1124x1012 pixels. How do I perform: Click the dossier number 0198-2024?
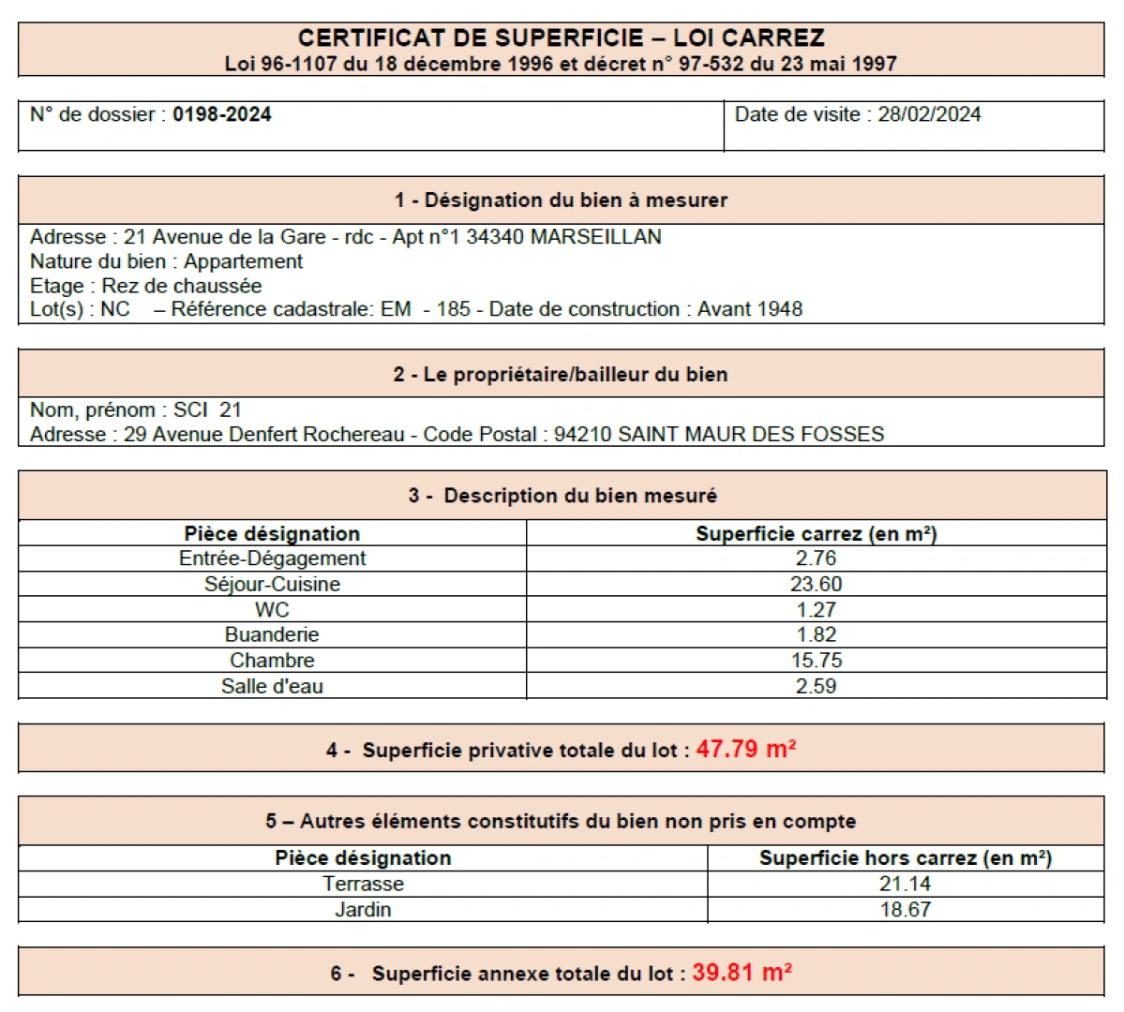coord(222,114)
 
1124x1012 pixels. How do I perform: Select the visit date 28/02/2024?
coord(929,114)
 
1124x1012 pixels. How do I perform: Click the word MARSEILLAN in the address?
coord(596,237)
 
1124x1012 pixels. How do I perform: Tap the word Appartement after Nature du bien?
coord(244,261)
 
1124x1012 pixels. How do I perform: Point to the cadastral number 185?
coord(454,309)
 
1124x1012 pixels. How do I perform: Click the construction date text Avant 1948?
coord(750,309)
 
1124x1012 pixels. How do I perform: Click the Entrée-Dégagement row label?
coord(272,558)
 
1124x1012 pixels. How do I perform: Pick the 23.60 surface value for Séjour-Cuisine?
coord(816,584)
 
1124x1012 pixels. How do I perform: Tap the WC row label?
coord(272,609)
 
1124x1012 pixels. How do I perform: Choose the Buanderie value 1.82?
coord(816,634)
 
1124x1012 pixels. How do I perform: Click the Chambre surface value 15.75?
coord(816,661)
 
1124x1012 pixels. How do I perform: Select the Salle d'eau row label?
coord(272,686)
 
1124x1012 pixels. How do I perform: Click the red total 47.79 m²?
coord(746,750)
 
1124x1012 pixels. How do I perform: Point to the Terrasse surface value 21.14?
coord(905,884)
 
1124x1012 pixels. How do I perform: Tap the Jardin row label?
coord(363,909)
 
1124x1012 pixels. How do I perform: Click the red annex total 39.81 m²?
coord(742,973)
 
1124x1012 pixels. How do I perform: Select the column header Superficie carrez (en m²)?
coord(816,534)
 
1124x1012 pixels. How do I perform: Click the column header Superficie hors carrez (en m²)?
coord(905,858)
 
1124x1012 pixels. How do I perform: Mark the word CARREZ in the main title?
coord(773,38)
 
